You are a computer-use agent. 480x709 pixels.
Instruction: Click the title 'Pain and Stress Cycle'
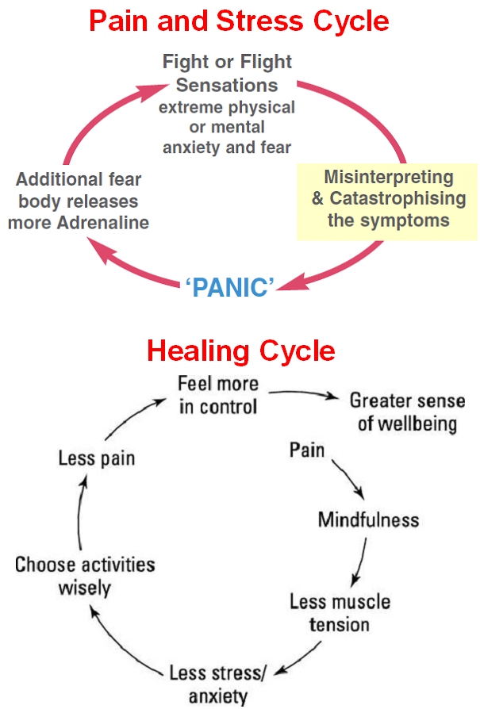[239, 21]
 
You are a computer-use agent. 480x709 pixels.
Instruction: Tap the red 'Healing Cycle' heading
[240, 351]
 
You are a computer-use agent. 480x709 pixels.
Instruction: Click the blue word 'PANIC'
[229, 287]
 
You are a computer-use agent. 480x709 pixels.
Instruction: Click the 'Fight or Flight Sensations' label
[227, 73]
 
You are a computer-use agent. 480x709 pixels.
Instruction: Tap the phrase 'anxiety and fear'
[227, 147]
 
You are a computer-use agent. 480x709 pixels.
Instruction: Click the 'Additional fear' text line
[79, 179]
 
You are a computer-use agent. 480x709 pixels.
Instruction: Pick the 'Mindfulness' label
[368, 520]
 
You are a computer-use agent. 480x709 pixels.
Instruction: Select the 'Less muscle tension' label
[340, 612]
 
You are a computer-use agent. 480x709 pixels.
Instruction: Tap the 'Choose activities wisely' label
[85, 577]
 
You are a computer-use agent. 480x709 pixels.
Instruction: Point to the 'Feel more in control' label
[217, 395]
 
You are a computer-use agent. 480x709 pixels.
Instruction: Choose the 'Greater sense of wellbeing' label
[407, 411]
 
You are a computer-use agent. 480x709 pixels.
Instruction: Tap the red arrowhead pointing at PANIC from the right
[286, 282]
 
